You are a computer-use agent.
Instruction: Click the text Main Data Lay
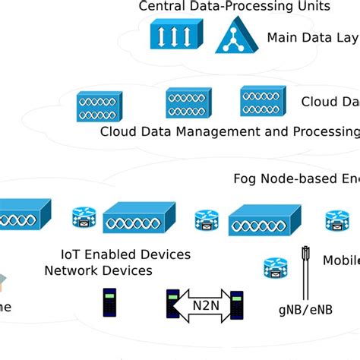[x=312, y=37]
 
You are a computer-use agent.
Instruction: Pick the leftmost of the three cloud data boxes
[x=99, y=106]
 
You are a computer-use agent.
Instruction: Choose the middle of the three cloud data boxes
[x=188, y=103]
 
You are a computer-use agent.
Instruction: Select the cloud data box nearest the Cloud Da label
[x=262, y=101]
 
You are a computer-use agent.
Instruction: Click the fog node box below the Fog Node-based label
[x=259, y=219]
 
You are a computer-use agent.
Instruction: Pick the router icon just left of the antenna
[x=276, y=268]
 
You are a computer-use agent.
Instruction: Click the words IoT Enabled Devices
[x=125, y=254]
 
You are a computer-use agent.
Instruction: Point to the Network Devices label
[x=98, y=270]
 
